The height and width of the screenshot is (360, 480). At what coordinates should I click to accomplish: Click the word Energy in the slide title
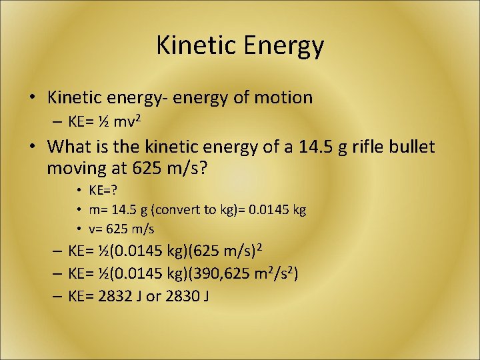click(285, 46)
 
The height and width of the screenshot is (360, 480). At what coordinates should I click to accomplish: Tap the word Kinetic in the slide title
click(198, 46)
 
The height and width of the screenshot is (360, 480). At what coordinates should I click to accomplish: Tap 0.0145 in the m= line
click(270, 210)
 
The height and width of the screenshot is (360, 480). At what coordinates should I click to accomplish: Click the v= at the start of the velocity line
click(96, 229)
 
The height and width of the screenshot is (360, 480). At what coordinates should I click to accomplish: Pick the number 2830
click(182, 295)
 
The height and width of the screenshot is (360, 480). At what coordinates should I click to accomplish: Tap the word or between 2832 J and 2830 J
click(153, 296)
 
